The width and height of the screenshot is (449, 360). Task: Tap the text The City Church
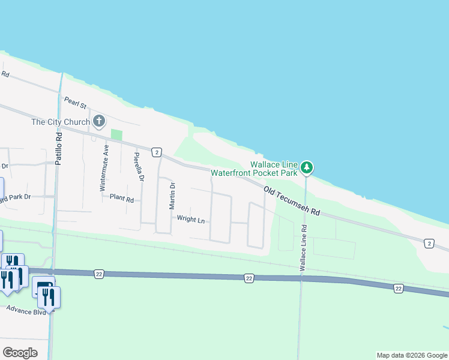pyautogui.click(x=61, y=122)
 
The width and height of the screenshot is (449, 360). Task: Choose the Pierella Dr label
pyautogui.click(x=139, y=166)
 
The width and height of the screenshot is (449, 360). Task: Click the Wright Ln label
pyautogui.click(x=191, y=220)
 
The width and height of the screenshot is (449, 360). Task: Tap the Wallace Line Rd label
pyautogui.click(x=304, y=245)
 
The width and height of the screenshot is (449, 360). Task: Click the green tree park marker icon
pyautogui.click(x=307, y=167)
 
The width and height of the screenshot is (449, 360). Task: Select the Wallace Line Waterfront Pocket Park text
pyautogui.click(x=274, y=169)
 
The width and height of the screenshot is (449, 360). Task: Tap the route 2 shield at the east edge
pyautogui.click(x=429, y=242)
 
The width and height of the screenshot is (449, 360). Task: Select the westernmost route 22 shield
pyautogui.click(x=98, y=274)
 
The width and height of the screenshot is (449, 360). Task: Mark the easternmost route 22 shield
pyautogui.click(x=399, y=289)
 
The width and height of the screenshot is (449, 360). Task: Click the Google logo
pyautogui.click(x=20, y=353)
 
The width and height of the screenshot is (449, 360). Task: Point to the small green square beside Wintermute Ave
pyautogui.click(x=116, y=135)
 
